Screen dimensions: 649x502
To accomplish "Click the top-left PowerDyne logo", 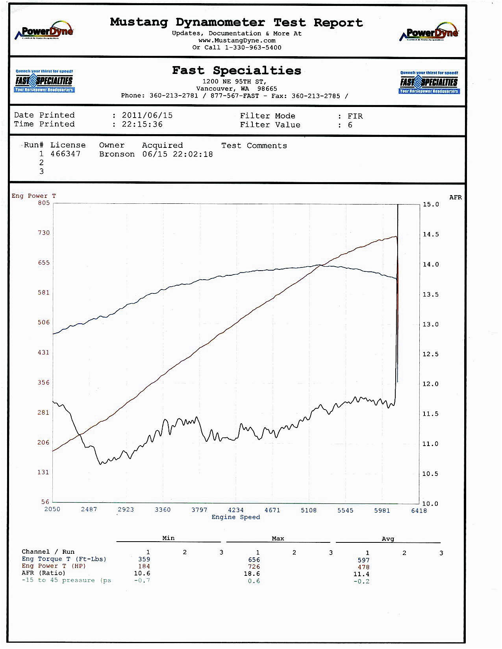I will point(44,31).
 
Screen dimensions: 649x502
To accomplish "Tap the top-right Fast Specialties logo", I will point(429,82).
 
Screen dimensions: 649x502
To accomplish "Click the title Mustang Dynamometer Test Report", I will point(236,22).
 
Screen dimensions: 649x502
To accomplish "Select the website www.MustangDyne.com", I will point(237,41).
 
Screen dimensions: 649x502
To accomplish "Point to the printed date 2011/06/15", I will point(147,115).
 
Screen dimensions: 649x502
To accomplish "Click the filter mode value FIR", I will point(355,116).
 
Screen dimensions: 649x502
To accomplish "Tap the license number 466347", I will point(65,154).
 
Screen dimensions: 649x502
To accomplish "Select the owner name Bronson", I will point(117,154).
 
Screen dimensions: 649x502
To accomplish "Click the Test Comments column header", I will point(254,146).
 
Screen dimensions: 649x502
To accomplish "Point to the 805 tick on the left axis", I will point(44,203).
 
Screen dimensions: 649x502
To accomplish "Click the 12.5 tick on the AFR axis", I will point(430,354).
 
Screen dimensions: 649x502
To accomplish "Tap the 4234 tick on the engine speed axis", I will point(236,510).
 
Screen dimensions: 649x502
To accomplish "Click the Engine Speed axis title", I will point(236,517).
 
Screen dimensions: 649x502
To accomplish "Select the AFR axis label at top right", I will point(456,197).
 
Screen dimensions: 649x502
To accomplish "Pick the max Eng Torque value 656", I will point(254,560).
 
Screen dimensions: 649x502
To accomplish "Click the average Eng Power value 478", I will point(363,567).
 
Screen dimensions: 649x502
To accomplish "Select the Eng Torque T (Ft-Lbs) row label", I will point(64,559).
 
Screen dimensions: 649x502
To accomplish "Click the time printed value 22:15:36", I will point(142,124).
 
